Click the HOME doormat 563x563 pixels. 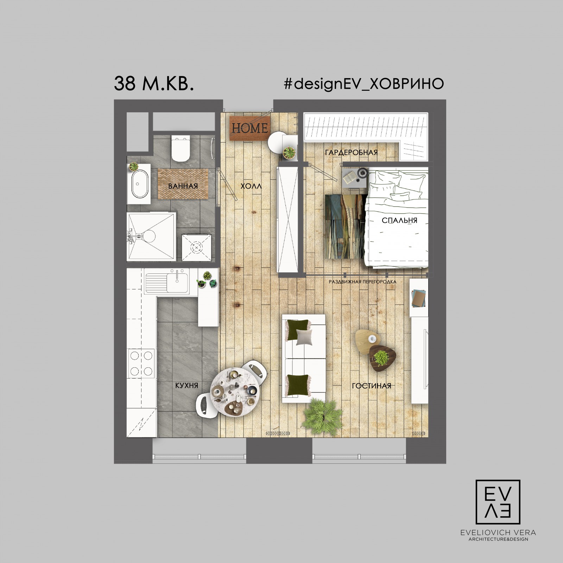click(x=250, y=128)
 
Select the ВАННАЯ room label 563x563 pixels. click(x=183, y=186)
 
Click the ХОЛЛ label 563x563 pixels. click(x=251, y=186)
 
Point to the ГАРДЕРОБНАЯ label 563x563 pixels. click(x=351, y=152)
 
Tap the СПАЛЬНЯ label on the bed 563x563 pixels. click(x=399, y=221)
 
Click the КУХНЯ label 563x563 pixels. click(x=186, y=386)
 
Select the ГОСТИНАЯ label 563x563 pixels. click(x=372, y=386)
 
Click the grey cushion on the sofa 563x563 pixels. click(x=304, y=337)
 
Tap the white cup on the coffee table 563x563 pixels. click(x=372, y=339)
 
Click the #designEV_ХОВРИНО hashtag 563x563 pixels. click(x=363, y=84)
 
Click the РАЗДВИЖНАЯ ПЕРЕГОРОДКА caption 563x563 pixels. click(x=362, y=282)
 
